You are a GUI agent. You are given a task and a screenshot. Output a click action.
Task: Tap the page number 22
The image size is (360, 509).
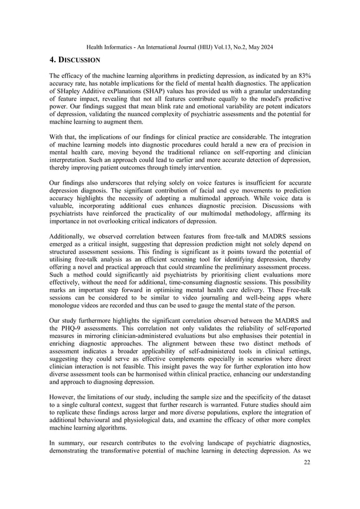tap(306, 494)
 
